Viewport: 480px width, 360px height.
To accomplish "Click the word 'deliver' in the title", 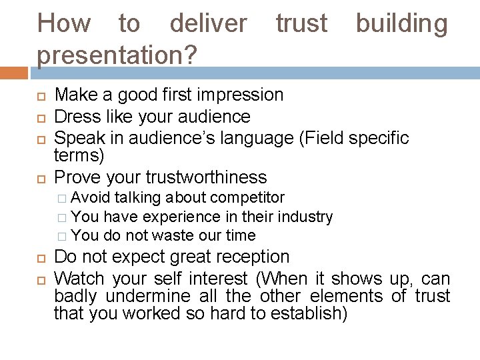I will click(x=207, y=24).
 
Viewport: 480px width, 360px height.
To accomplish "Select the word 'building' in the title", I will click(x=401, y=24).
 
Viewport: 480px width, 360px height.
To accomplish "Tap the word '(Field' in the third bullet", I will click(x=321, y=138).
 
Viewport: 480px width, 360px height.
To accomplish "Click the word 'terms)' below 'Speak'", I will click(x=79, y=156).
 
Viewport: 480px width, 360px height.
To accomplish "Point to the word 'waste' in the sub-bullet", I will click(x=171, y=235).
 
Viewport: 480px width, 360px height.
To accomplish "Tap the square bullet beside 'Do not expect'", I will click(x=40, y=258).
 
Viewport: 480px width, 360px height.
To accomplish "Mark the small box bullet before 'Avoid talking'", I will click(x=62, y=198).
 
